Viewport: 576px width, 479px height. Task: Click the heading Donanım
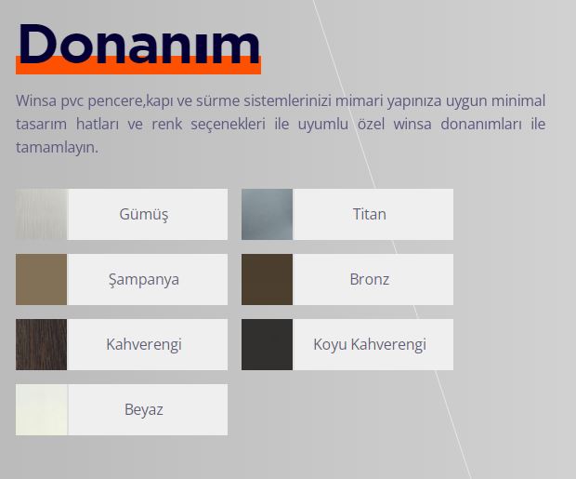click(x=139, y=44)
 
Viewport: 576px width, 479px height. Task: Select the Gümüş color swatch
click(x=42, y=214)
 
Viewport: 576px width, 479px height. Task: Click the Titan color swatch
click(x=267, y=214)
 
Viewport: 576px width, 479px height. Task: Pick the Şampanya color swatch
click(x=42, y=279)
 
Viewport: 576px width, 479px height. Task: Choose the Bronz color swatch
click(x=267, y=279)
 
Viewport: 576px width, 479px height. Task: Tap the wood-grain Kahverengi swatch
click(x=42, y=344)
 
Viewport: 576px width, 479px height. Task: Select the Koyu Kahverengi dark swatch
click(x=267, y=344)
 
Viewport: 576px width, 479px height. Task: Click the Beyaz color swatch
click(x=42, y=409)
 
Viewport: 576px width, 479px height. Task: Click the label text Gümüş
click(x=144, y=215)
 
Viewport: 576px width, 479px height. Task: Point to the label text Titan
click(x=369, y=214)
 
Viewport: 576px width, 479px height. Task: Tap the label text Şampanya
click(x=144, y=280)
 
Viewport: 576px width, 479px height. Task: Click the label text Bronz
click(x=369, y=279)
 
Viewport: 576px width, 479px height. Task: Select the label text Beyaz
click(x=144, y=410)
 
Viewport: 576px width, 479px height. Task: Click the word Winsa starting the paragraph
click(x=36, y=100)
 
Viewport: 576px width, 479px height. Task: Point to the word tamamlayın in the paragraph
click(x=57, y=148)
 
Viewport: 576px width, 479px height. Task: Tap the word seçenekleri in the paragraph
click(x=228, y=125)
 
